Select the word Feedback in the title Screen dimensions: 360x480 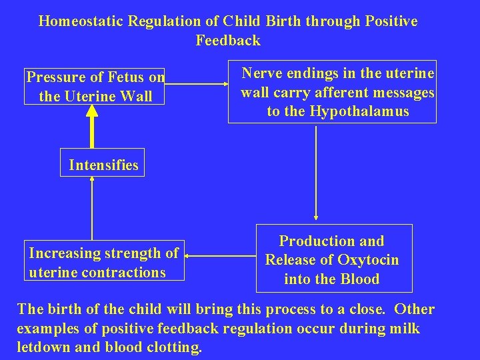[x=228, y=41]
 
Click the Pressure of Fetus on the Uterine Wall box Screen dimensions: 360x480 [x=95, y=87]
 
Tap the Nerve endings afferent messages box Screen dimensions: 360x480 [x=332, y=92]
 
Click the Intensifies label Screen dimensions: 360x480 [x=103, y=165]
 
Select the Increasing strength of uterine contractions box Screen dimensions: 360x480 [x=103, y=263]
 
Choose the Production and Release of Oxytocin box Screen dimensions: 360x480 [x=334, y=260]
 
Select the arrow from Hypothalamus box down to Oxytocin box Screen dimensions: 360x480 [x=315, y=173]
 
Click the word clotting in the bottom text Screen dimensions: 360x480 [x=176, y=347]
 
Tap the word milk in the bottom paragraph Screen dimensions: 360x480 [x=406, y=329]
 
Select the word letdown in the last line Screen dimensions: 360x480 [x=41, y=347]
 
